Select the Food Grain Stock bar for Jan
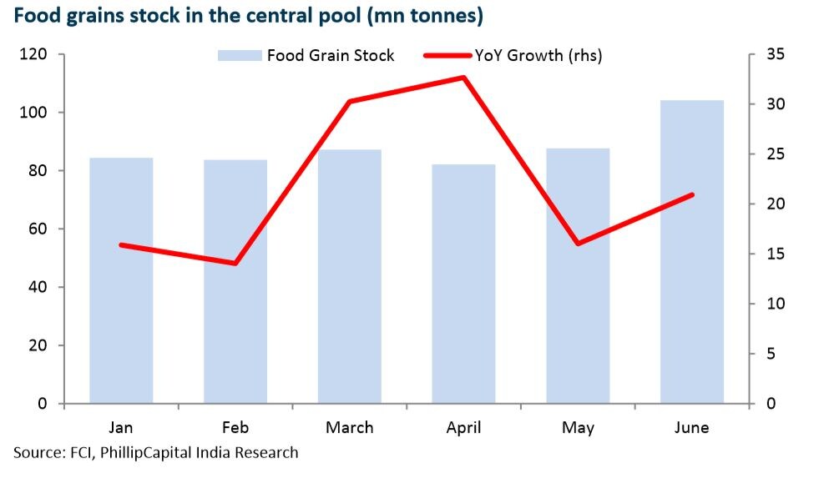pos(121,280)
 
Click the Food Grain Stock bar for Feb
pos(235,281)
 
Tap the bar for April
pos(464,284)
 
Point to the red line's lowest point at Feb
pos(235,264)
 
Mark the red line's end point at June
pos(692,194)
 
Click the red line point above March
pos(350,102)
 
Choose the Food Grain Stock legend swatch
pos(240,56)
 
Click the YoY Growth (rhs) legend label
pos(538,56)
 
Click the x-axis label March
pos(350,428)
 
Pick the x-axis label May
pos(578,429)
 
